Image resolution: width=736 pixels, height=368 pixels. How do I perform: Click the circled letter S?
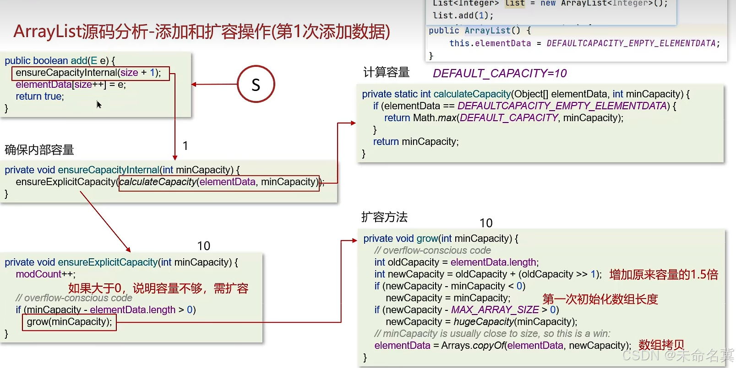(256, 84)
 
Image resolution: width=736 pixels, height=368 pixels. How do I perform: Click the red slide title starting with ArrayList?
(202, 32)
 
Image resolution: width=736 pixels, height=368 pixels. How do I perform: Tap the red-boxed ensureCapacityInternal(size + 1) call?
(90, 73)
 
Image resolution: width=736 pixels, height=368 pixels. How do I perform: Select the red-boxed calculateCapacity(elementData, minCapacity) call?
(219, 182)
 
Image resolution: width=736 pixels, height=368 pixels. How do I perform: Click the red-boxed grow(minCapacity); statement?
(69, 322)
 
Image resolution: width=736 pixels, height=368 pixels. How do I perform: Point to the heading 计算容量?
(386, 72)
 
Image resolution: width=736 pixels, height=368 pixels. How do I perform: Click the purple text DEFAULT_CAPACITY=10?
(500, 73)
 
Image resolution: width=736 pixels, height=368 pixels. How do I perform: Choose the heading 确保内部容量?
(39, 149)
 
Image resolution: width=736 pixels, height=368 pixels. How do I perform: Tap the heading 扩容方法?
(384, 217)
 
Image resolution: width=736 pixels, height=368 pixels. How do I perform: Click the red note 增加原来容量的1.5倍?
(664, 274)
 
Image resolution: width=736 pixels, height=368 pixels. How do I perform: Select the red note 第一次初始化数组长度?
(600, 299)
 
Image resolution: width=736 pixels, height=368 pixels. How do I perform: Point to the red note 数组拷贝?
(661, 345)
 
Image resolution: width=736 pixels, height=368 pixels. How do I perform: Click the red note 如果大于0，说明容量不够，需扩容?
(158, 288)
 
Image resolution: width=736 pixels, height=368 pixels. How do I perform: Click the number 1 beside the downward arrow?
(185, 146)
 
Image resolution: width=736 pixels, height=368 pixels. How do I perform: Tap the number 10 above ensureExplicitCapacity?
(204, 246)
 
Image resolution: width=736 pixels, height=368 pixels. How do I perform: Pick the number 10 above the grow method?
(486, 223)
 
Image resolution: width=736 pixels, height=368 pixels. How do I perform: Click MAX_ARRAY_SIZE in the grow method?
(495, 310)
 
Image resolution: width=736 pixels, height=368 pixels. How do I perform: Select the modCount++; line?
(46, 274)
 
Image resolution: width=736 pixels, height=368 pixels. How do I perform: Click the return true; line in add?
(40, 96)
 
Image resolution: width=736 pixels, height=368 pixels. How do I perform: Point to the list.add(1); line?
(463, 16)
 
